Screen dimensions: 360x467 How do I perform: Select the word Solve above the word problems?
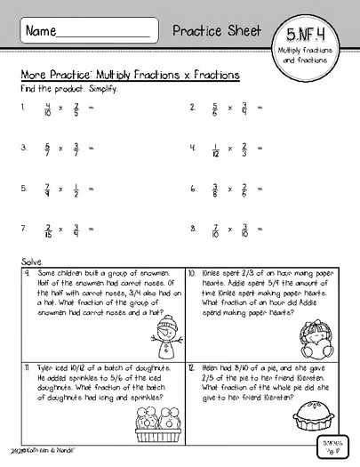tap(31, 262)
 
